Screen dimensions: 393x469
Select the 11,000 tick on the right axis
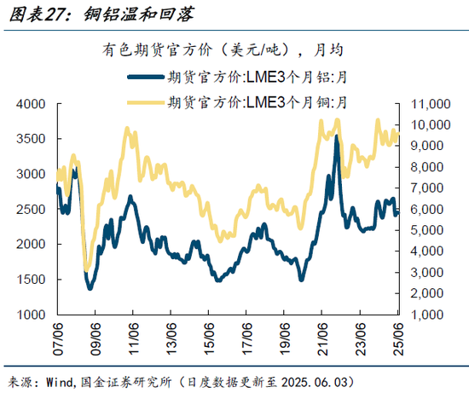tap(426, 104)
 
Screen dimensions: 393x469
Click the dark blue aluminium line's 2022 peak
tap(336, 136)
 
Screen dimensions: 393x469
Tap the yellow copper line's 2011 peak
tap(128, 129)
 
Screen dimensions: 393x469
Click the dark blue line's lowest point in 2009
tap(90, 288)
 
